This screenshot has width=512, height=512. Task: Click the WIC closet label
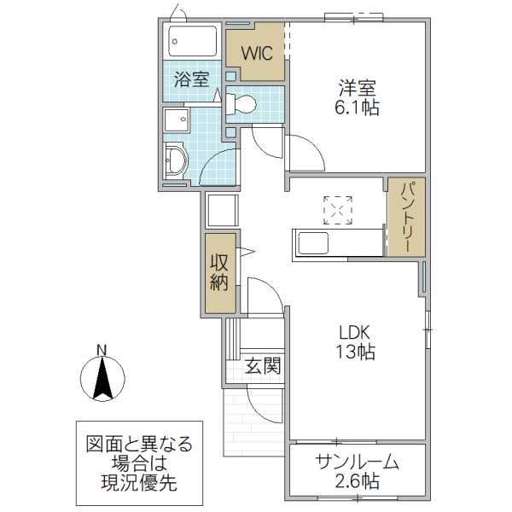pyautogui.click(x=256, y=53)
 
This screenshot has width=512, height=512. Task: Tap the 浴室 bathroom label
pyautogui.click(x=192, y=80)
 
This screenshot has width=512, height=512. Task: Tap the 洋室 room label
pyautogui.click(x=357, y=87)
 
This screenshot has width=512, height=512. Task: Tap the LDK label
pyautogui.click(x=356, y=332)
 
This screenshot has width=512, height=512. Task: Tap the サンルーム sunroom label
pyautogui.click(x=357, y=463)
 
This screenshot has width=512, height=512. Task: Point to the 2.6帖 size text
pyautogui.click(x=357, y=482)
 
